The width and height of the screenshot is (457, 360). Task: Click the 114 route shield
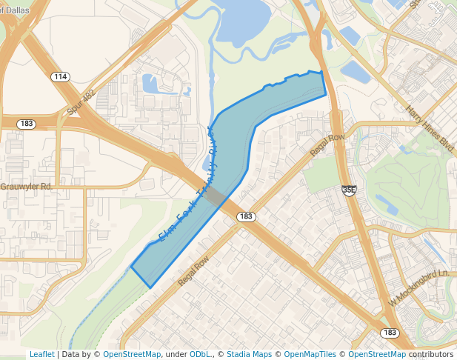coord(61,77)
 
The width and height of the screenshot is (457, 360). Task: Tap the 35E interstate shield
coord(350,190)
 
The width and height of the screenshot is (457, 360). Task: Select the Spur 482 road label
coord(81,101)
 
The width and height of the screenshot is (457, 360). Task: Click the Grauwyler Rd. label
coord(26,187)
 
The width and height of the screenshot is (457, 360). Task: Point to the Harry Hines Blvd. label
coord(430,129)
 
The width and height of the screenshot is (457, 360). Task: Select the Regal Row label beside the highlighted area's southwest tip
coord(194,272)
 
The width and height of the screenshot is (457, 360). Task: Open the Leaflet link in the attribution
coord(41,354)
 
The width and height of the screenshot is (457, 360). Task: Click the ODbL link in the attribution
coord(200,354)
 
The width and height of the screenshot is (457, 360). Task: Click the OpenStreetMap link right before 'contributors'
coord(377,354)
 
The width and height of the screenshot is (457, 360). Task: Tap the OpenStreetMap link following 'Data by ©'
coord(132,354)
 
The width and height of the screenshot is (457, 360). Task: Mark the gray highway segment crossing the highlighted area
coord(216,196)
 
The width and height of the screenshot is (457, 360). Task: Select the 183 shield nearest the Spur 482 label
coord(27,124)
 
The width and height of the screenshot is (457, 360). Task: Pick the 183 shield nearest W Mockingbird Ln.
coord(389,333)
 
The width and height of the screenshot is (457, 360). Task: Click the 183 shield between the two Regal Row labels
coord(247,216)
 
